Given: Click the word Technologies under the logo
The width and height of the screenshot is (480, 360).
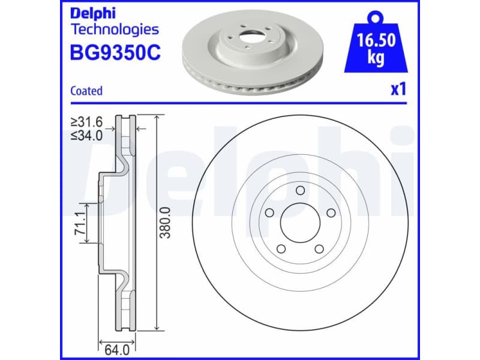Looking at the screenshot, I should tap(115, 29).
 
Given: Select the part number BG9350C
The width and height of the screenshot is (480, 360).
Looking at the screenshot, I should tap(115, 53).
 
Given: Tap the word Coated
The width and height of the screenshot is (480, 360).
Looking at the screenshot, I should tap(86, 91).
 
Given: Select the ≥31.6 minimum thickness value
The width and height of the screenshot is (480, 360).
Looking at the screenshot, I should tap(87, 122).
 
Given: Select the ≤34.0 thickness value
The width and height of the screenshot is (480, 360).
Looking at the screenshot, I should tap(87, 135).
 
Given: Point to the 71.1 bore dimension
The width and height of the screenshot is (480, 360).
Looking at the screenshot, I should tap(78, 223).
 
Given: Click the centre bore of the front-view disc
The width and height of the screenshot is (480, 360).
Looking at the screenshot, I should tap(299, 222).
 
